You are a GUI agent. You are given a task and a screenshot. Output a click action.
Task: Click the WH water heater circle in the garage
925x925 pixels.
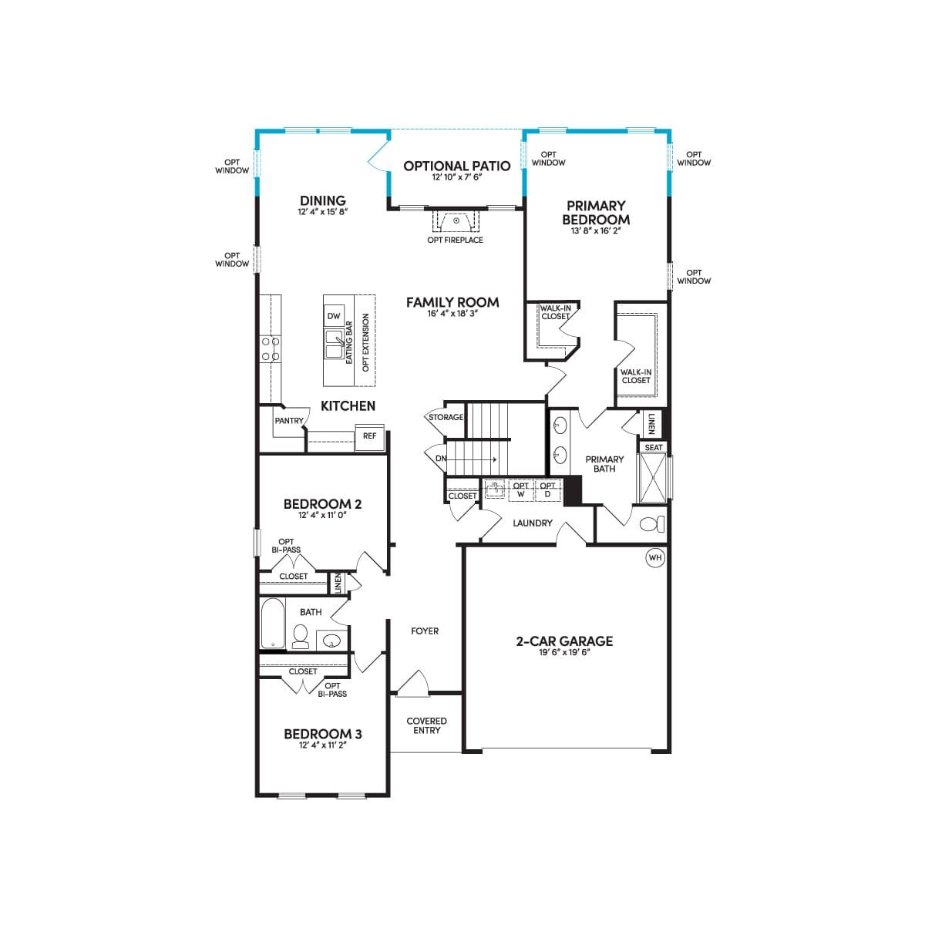654,557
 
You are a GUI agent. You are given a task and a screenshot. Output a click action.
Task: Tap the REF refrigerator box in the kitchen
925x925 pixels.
370,437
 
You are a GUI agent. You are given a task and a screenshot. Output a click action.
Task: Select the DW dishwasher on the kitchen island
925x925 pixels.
334,315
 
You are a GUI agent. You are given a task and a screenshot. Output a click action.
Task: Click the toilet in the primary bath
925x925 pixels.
652,523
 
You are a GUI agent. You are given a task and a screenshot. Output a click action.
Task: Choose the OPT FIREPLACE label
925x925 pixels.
455,240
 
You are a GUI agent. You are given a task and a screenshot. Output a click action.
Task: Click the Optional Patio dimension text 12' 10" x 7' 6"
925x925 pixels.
456,177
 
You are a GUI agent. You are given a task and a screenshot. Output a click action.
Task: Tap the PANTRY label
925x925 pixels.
289,421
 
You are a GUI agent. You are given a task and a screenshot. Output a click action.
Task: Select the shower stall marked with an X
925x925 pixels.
654,478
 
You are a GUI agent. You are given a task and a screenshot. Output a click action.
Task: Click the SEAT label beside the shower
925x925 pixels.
654,447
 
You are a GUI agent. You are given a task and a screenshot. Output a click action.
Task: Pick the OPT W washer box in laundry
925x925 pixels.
521,490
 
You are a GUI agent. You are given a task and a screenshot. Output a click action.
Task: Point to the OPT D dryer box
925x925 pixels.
547,490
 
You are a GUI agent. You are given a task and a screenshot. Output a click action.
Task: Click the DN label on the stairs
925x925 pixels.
441,459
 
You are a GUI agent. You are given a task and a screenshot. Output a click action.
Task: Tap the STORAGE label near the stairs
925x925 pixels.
446,417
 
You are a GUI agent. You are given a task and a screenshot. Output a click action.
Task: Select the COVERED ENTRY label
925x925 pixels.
426,725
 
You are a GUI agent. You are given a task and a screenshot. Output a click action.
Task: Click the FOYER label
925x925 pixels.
425,631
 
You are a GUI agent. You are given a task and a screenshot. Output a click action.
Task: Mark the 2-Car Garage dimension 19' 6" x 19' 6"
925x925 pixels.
564,652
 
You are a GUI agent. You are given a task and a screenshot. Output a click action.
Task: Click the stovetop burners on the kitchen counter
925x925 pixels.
270,349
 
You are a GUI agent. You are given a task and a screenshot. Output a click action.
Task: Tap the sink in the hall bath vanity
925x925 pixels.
331,641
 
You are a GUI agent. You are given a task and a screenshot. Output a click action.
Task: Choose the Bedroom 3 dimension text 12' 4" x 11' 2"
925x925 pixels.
322,745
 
